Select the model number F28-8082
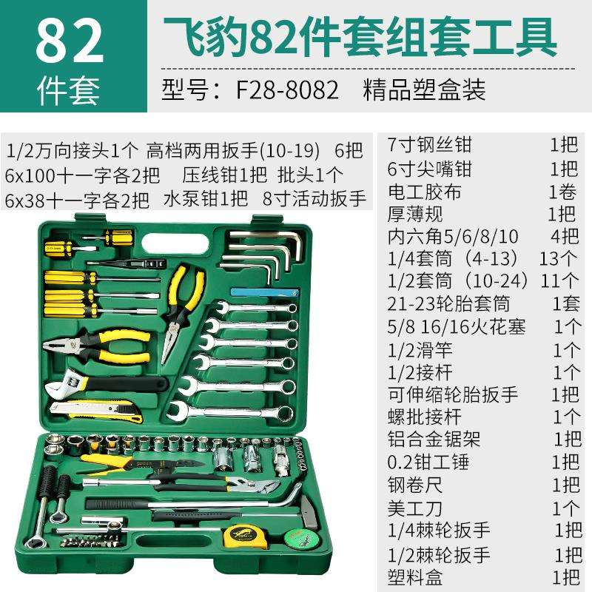(287, 90)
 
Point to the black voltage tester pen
(126, 262)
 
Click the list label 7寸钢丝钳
(430, 144)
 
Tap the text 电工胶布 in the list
(425, 192)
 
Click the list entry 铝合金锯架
(434, 439)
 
